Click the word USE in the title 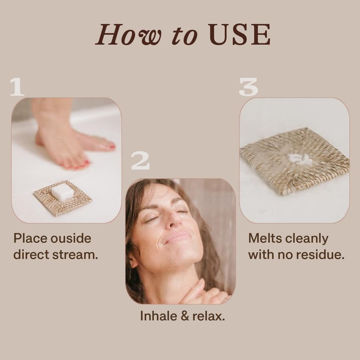(x=240, y=34)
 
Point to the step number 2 (x=140, y=161)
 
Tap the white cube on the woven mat (x=63, y=190)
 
